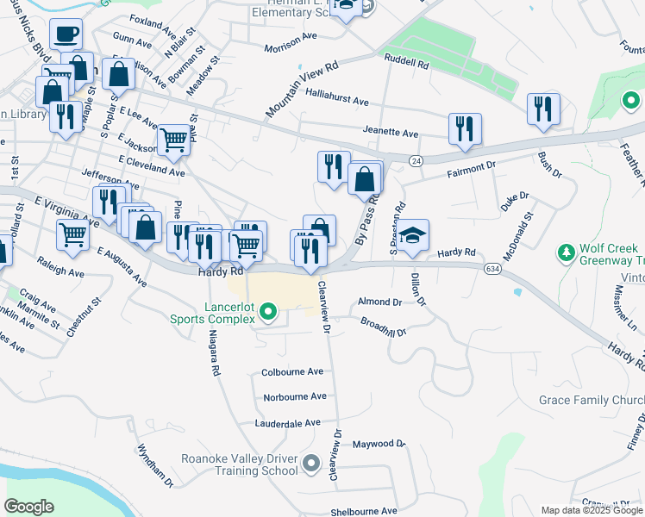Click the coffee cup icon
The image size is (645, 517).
66,35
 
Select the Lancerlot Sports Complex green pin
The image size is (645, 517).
268,311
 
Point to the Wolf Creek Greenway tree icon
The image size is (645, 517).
566,253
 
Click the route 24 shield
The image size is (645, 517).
416,160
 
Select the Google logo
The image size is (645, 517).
29,507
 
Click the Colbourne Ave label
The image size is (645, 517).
292,372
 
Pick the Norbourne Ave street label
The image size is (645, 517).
295,397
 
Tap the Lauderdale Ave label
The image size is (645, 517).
287,423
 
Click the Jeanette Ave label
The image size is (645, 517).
391,134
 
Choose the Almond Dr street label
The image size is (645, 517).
379,302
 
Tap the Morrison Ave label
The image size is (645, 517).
291,48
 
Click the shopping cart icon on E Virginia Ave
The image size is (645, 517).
72,234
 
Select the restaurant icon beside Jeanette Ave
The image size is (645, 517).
465,128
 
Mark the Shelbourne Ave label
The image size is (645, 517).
360,511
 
